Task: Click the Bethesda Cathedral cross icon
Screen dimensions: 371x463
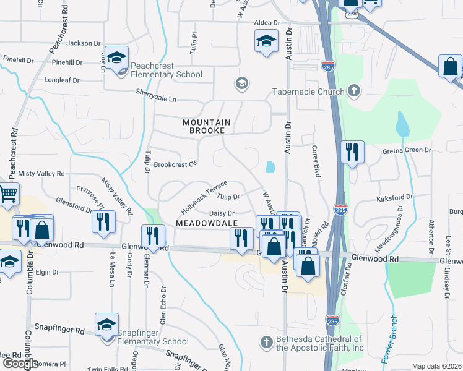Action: click(266, 343)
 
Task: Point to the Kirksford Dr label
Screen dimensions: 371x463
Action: click(394, 197)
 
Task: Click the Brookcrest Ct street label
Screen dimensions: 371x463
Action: click(175, 164)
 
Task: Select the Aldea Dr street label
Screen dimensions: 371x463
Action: click(267, 23)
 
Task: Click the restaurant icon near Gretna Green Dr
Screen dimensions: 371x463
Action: click(352, 152)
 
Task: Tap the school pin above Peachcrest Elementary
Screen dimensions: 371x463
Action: click(116, 58)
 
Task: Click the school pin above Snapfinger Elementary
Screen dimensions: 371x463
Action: click(106, 325)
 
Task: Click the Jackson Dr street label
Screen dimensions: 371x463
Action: click(84, 43)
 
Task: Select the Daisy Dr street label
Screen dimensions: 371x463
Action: click(221, 213)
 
